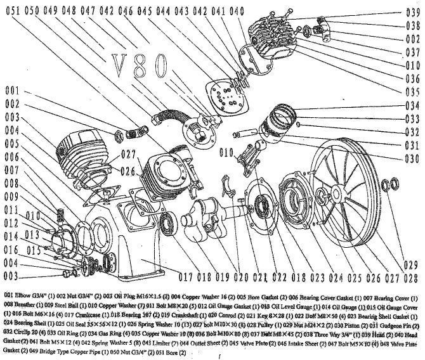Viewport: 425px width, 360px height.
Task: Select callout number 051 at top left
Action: [x=12, y=11]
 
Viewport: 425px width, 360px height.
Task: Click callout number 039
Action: [x=413, y=13]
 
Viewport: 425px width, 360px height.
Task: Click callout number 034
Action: [x=413, y=105]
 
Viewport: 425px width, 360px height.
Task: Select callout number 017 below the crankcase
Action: [x=185, y=276]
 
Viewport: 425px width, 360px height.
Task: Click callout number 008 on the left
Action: [x=12, y=182]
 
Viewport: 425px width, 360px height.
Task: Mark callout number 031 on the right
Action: [x=413, y=146]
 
